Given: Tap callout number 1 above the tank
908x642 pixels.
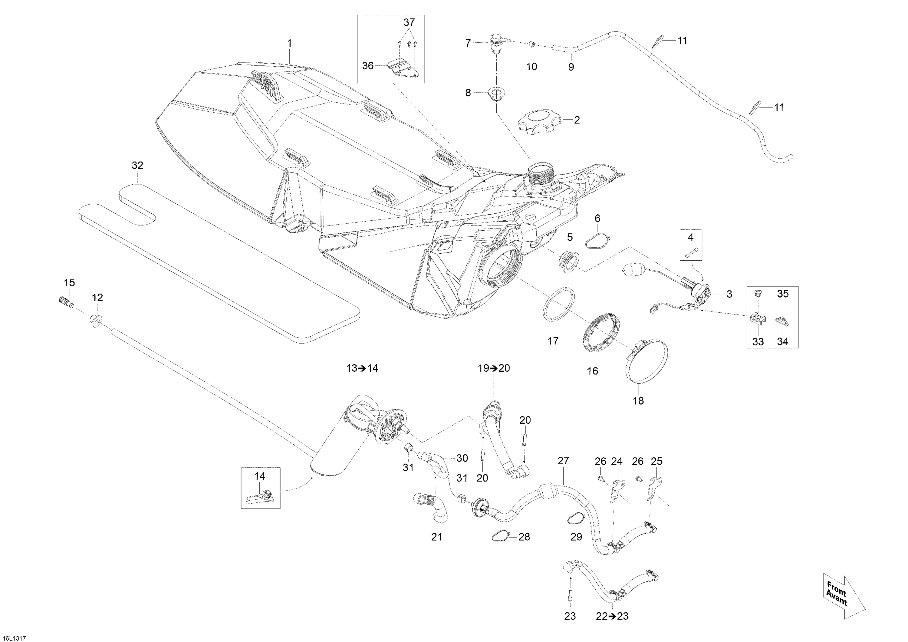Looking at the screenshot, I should (289, 43).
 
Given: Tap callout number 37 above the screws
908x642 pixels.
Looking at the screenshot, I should (409, 22).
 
